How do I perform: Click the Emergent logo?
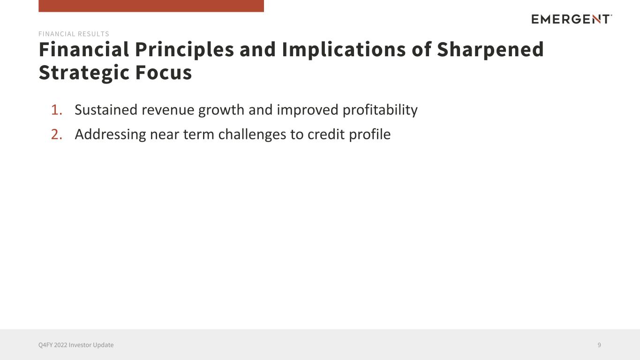pos(572,19)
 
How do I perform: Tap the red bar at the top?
pos(151,6)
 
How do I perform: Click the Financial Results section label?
pos(74,34)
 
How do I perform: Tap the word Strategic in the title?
pos(84,73)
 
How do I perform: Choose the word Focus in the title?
pos(164,72)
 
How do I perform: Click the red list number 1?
pos(57,110)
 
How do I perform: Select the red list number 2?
pos(57,134)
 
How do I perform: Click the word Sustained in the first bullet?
pos(106,110)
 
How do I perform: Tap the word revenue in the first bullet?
pos(168,110)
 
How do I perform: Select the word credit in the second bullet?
pos(326,134)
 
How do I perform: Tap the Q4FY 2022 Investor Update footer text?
pos(76,345)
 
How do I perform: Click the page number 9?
pos(599,345)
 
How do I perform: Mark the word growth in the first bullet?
pos(221,111)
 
